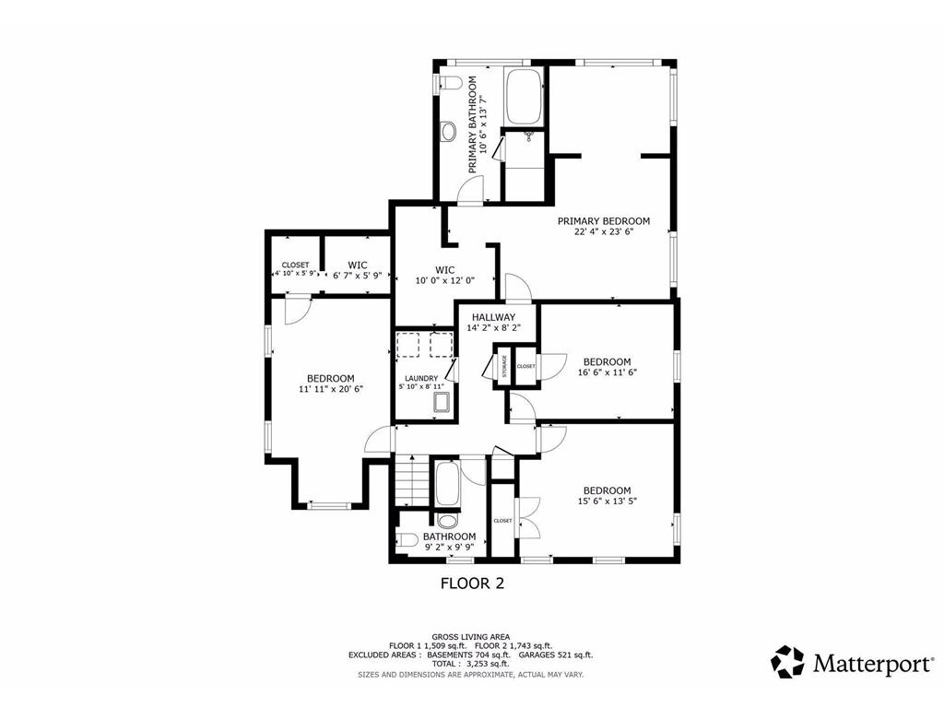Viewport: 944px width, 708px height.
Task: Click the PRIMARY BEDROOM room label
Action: (603, 221)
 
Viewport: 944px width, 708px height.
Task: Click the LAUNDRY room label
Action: (420, 378)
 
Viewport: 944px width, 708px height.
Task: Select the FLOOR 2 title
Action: (471, 584)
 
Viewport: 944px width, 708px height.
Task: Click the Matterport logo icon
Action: (787, 662)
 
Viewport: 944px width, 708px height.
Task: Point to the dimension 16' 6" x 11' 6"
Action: (607, 373)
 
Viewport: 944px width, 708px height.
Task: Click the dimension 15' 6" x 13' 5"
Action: (607, 502)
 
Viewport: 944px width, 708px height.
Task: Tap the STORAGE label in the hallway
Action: (504, 367)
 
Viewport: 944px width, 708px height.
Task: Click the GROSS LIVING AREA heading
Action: (471, 636)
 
